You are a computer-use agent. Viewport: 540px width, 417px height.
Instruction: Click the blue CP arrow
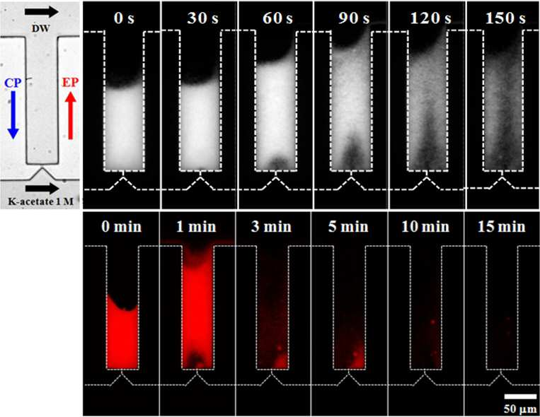pos(13,114)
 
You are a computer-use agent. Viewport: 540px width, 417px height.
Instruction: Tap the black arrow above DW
pos(42,12)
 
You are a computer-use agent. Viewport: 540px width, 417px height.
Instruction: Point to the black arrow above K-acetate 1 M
pos(42,188)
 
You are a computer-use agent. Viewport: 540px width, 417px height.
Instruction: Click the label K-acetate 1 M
pos(40,201)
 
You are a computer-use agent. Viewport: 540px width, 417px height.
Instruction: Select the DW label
pos(40,28)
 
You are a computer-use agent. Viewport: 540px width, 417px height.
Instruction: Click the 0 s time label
pos(124,18)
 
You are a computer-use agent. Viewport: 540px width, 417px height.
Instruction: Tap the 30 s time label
pos(202,18)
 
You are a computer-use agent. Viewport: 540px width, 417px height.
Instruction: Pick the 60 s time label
pos(277,18)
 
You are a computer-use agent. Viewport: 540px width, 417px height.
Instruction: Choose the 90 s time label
pos(354,18)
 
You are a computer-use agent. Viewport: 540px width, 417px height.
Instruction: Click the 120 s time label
pos(430,18)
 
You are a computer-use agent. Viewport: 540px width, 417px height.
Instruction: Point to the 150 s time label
pos(505,18)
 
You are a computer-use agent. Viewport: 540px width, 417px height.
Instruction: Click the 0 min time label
pos(122,227)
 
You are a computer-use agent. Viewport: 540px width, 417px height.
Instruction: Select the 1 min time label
pos(196,227)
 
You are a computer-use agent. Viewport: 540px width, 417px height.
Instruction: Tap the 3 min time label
pos(271,227)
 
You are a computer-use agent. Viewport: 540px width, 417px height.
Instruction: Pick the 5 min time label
pos(348,227)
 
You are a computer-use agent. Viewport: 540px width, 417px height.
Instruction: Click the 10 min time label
pos(425,227)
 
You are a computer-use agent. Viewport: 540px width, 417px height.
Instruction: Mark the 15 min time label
pos(501,227)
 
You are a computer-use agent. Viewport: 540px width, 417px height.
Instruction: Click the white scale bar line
pos(520,397)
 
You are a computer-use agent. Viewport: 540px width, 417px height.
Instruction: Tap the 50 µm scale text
pos(520,409)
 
